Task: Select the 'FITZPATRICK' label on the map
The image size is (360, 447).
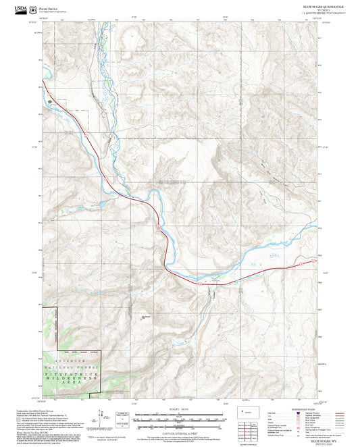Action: [x=71, y=365]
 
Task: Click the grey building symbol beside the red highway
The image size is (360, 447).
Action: [x=49, y=102]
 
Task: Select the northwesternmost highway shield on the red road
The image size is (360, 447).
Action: [x=87, y=134]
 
